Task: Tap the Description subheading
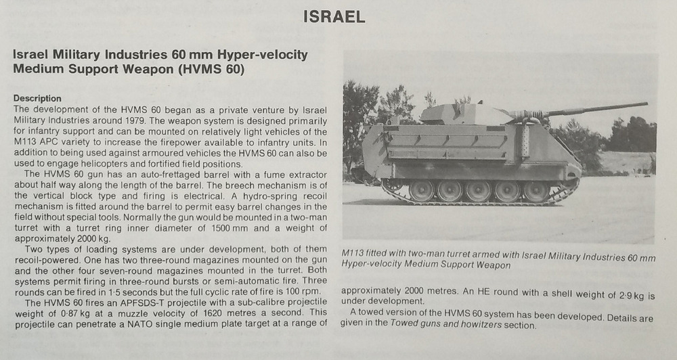pyautogui.click(x=37, y=98)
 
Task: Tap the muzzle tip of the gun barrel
pyautogui.click(x=645, y=104)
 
